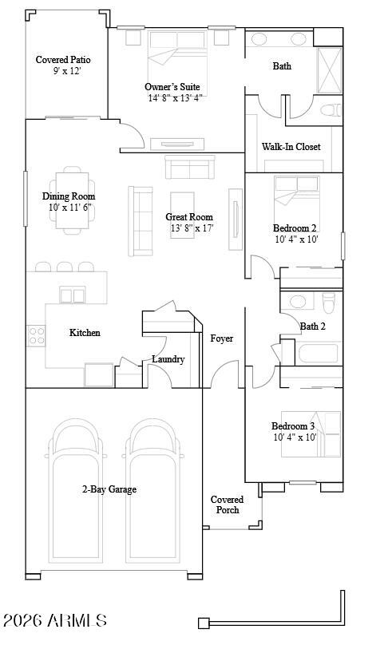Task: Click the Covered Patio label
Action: click(x=63, y=60)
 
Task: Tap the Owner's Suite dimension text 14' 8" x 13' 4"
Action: click(x=176, y=98)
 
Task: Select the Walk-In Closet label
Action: click(x=291, y=147)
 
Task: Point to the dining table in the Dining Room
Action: click(x=72, y=200)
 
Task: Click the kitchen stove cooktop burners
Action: click(x=36, y=335)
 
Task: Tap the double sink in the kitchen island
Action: click(x=72, y=295)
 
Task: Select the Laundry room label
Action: click(x=168, y=359)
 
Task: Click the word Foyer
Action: click(x=221, y=338)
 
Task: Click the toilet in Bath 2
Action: click(x=329, y=303)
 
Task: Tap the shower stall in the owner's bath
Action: click(x=330, y=70)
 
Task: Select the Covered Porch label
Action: click(x=228, y=505)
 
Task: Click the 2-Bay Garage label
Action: click(x=109, y=489)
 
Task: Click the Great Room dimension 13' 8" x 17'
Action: click(x=192, y=228)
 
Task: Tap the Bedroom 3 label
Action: click(x=293, y=426)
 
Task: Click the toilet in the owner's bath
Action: click(x=331, y=110)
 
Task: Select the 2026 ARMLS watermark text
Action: click(x=55, y=620)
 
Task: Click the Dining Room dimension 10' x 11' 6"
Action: click(x=69, y=208)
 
